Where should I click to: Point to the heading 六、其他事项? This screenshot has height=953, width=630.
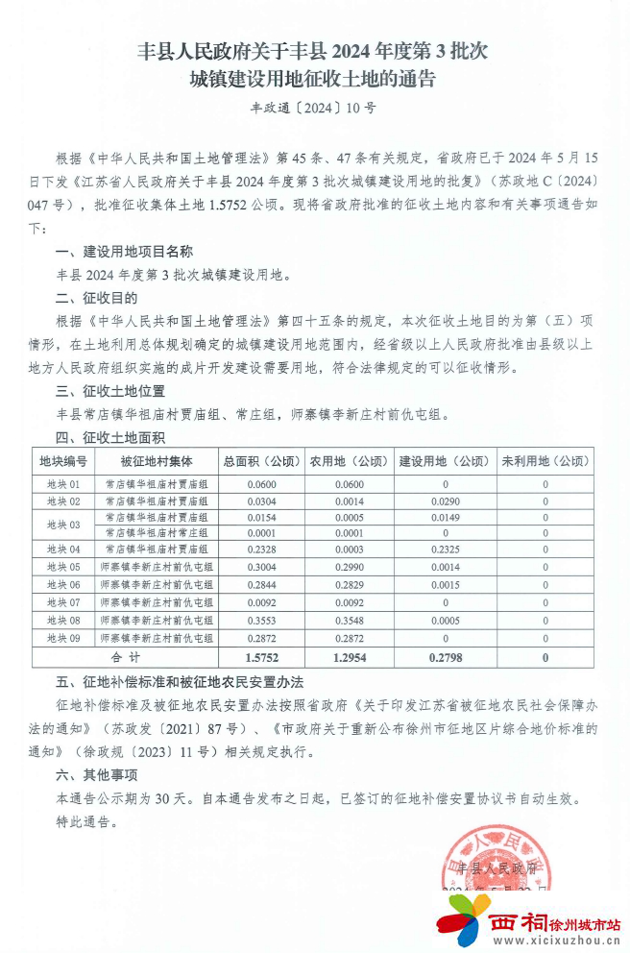pos(96,776)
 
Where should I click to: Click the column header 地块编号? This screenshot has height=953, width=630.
pos(63,461)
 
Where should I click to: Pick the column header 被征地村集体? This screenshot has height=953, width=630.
pos(157,461)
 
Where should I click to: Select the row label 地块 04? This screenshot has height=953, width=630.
pos(63,550)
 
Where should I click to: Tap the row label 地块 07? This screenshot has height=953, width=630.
pos(63,602)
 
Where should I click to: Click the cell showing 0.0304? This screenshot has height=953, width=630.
pos(260,501)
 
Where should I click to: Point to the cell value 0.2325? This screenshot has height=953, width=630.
pos(444,550)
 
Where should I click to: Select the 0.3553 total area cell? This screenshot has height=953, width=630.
pos(260,621)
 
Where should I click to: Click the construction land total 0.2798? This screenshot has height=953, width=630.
pos(444,657)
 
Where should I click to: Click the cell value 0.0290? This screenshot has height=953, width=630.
pos(444,501)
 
